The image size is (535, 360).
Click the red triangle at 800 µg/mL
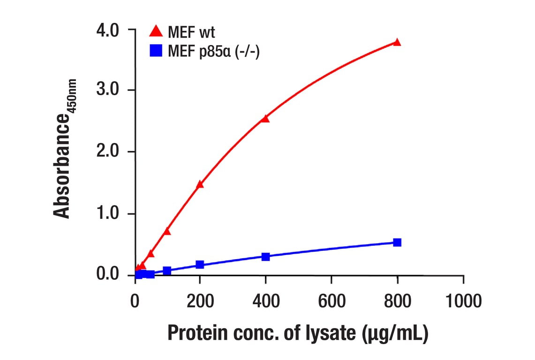397,42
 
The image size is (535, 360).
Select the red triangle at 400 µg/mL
265,119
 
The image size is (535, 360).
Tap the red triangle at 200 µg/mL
200,184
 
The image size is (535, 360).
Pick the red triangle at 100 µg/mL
167,231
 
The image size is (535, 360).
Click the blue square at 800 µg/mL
397,242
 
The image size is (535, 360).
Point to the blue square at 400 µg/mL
265,256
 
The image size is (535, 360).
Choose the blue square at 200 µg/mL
200,264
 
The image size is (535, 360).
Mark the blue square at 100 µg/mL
167,270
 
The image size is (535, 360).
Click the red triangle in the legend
156,32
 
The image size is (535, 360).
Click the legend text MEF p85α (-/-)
213,51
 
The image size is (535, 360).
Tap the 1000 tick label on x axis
463,301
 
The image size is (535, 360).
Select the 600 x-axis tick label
332,301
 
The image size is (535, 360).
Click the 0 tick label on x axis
135,301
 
